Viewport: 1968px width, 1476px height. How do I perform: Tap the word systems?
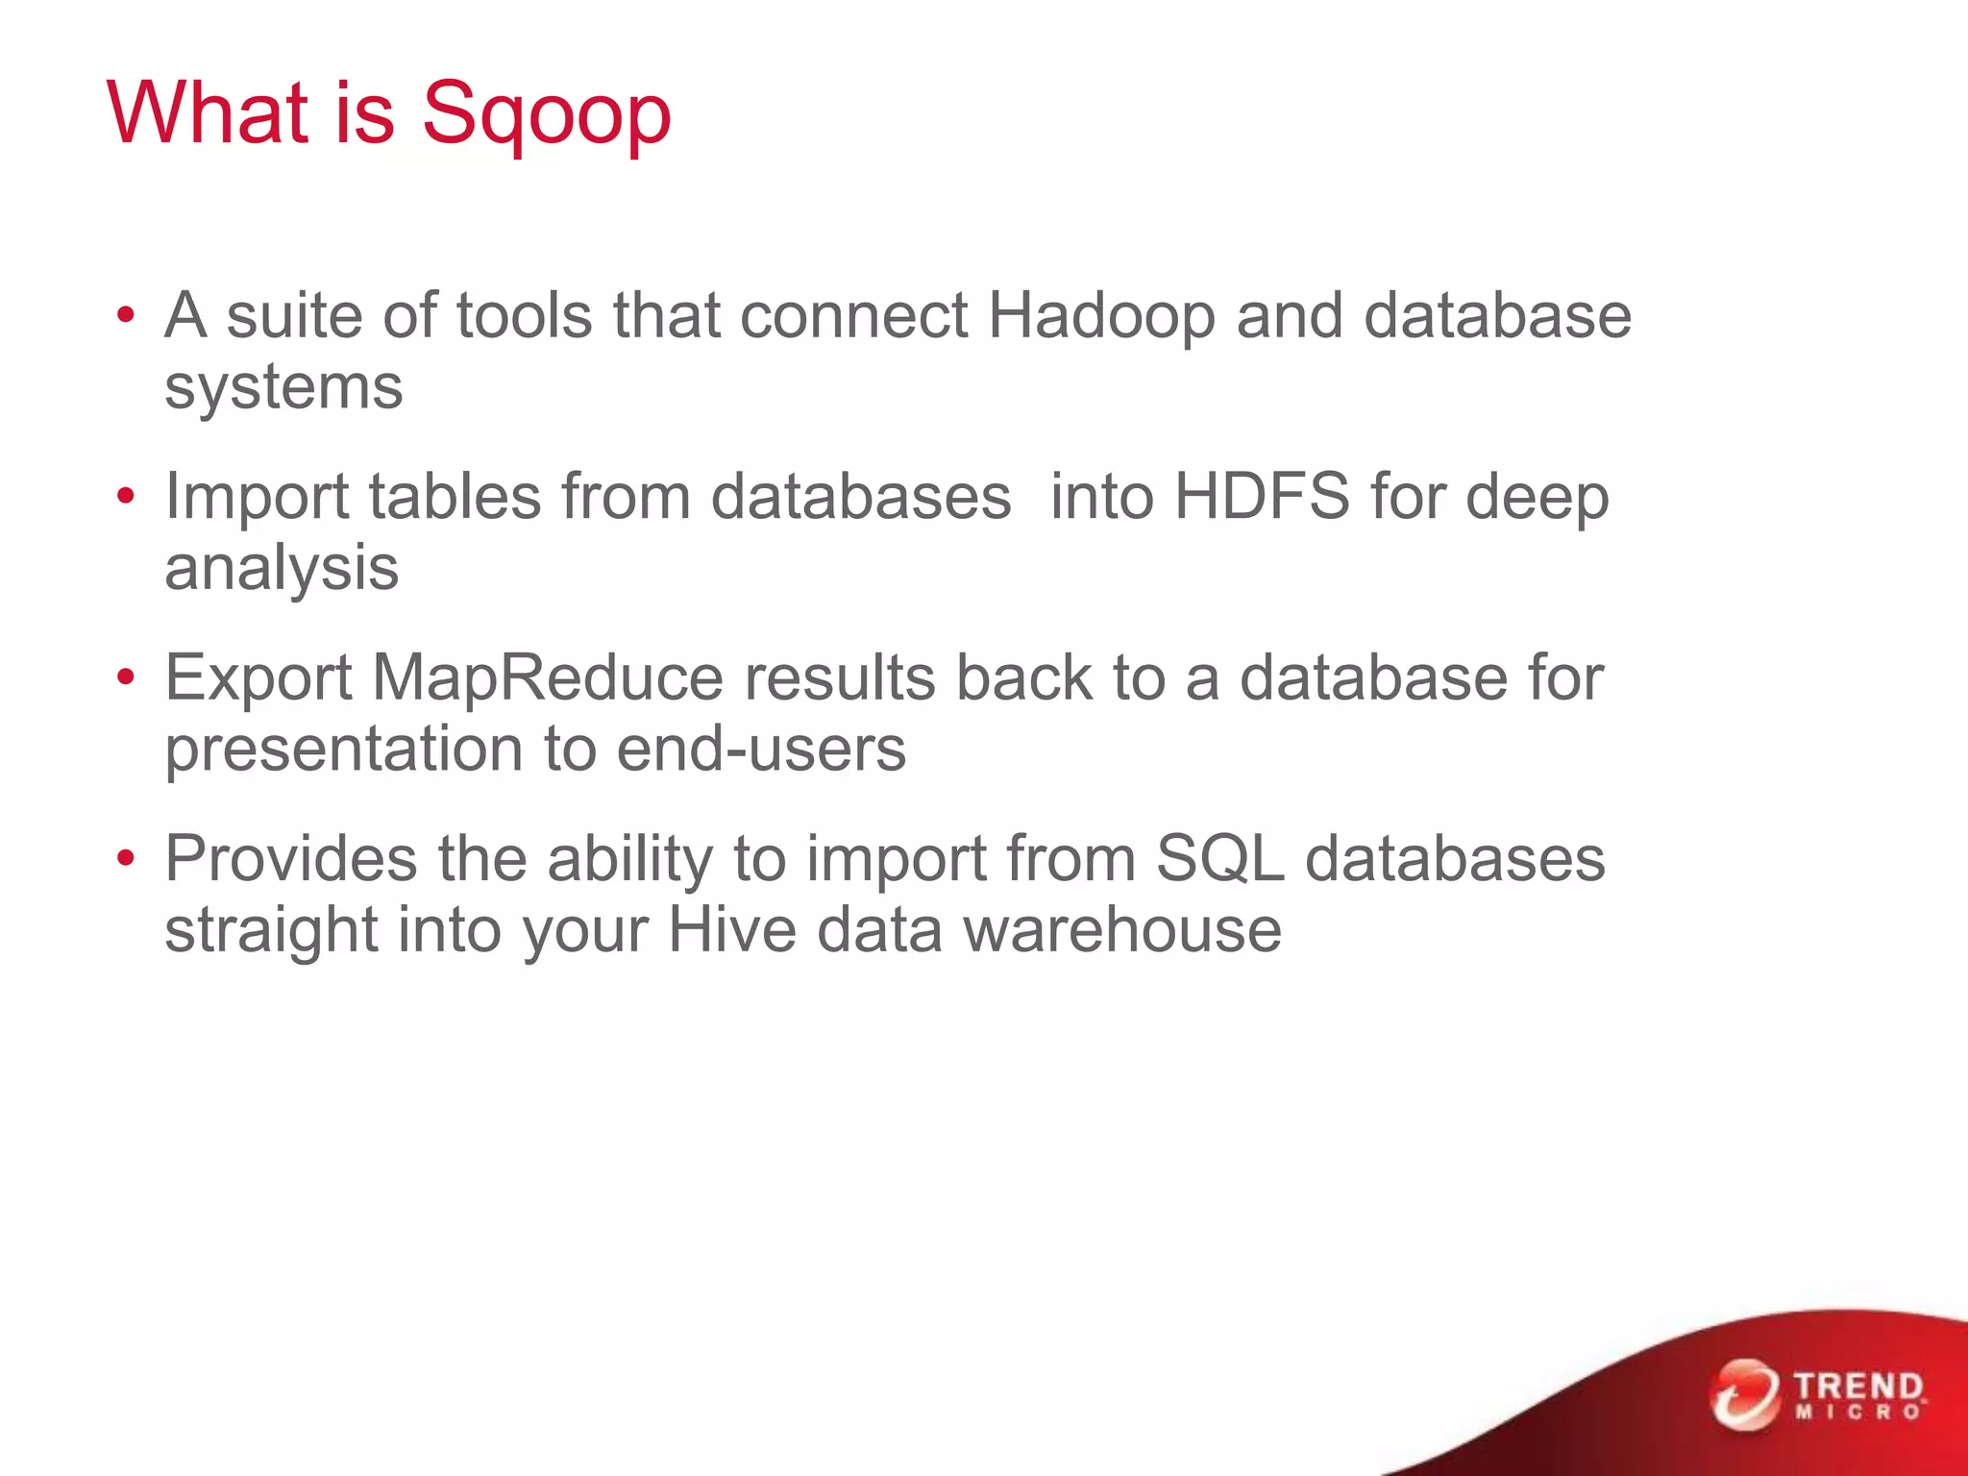[283, 388]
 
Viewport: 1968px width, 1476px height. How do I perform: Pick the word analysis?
[282, 569]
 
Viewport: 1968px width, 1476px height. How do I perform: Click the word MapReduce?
[547, 677]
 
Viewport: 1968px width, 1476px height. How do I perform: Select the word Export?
[258, 679]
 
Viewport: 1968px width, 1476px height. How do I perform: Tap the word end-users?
[761, 750]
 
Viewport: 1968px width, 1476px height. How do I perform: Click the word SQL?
[1219, 858]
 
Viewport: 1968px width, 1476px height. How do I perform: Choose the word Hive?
[731, 930]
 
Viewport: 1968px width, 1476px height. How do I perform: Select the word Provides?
[290, 858]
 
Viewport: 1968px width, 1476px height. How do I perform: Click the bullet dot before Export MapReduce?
[125, 677]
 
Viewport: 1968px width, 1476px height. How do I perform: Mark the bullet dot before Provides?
[125, 858]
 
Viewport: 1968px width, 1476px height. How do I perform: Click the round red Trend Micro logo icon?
[1744, 1394]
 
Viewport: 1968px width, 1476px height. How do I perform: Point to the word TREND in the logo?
[1858, 1387]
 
